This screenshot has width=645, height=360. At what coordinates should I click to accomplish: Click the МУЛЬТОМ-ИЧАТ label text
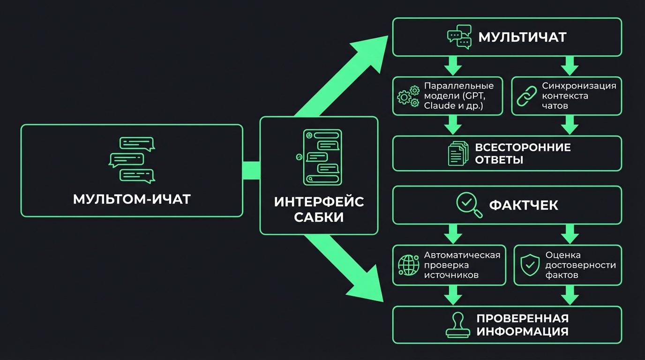point(132,199)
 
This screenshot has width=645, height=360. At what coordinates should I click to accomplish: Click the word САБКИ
point(319,217)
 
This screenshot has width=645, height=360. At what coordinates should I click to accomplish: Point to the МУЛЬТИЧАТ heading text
point(522,37)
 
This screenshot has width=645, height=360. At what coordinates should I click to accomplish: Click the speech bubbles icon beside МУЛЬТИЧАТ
point(459,37)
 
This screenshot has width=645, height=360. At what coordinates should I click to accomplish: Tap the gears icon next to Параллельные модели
point(408,96)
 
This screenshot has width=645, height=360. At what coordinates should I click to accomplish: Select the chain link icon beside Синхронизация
point(526,96)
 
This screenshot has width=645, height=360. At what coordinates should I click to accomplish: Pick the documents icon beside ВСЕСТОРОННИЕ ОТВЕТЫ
point(458,153)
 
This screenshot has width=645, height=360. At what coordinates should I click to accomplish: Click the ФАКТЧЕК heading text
point(524,205)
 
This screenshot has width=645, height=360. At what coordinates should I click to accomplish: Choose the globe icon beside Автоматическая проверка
point(408,265)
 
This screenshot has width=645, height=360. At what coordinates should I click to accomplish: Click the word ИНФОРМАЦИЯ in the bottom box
point(522,331)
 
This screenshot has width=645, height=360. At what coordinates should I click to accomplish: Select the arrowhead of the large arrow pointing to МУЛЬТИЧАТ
point(373,51)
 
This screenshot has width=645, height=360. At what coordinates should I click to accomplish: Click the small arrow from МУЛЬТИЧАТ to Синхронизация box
point(570,66)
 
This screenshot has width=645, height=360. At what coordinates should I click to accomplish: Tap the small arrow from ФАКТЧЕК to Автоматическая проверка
point(453,233)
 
